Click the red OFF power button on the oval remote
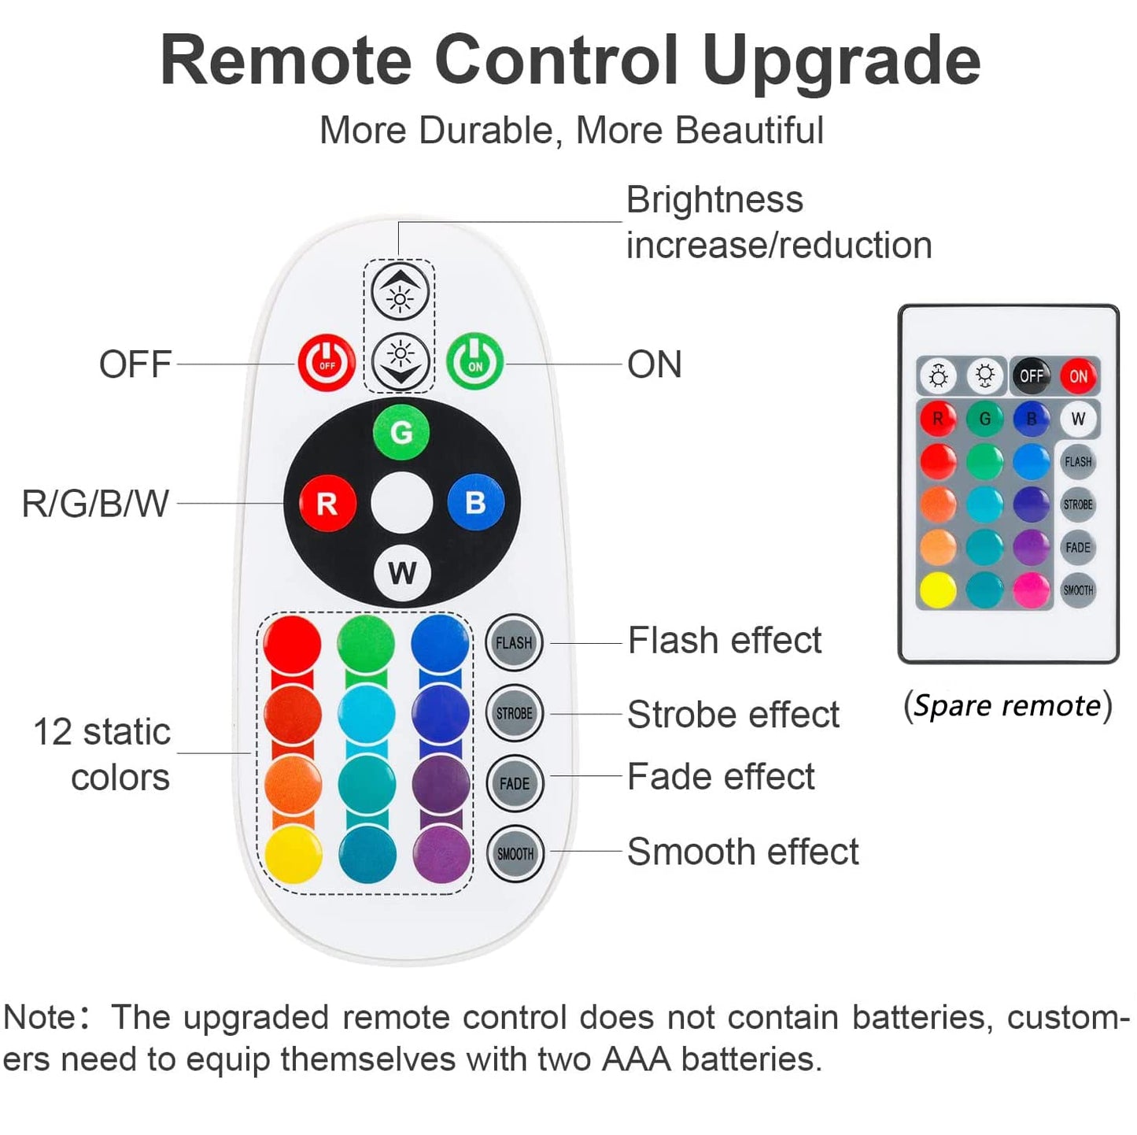[x=327, y=364]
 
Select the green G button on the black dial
[x=401, y=431]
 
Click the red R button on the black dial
[x=327, y=503]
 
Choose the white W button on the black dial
[x=402, y=573]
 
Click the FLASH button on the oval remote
[x=514, y=643]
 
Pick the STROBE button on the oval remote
[x=515, y=713]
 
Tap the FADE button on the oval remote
[x=515, y=783]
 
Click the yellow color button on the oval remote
[x=293, y=855]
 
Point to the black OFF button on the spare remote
[x=1031, y=375]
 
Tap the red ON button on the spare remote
[x=1078, y=375]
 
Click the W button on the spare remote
[x=1078, y=419]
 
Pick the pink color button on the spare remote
[x=1031, y=590]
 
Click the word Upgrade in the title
[x=841, y=61]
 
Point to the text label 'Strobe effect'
[x=733, y=715]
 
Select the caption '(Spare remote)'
[x=1008, y=705]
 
